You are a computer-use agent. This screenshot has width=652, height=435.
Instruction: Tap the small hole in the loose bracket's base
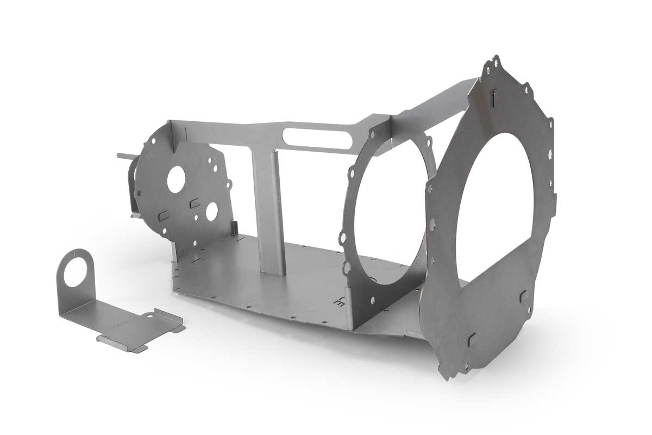pos(149,316)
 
